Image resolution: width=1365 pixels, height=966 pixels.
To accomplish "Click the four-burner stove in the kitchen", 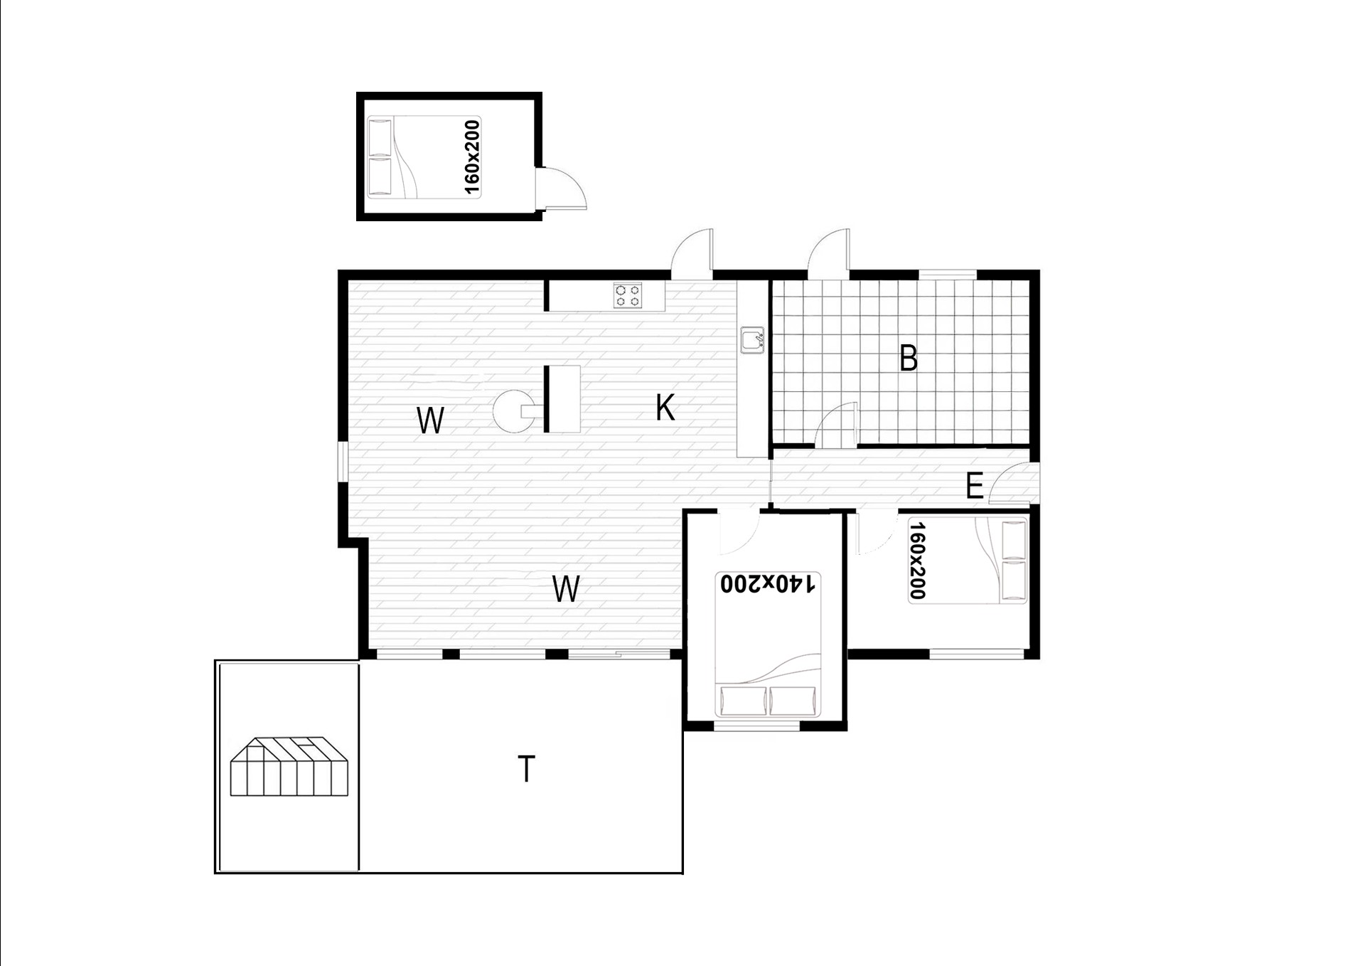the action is coord(628,295).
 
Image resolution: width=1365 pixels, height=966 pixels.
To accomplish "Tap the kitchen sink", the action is coord(752,340).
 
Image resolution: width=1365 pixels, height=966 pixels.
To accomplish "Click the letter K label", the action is coord(665,408).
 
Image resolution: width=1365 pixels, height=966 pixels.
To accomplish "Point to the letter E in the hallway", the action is coord(974,487).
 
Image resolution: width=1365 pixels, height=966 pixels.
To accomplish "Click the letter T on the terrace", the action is coord(526,769).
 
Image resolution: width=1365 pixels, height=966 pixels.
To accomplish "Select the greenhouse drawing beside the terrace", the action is coord(289,766).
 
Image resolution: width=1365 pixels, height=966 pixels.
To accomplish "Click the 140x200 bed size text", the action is coord(768,583).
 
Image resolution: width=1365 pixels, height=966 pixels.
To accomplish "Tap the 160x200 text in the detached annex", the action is coord(471,157).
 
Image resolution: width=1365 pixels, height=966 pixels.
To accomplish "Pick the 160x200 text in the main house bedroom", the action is coord(918,561).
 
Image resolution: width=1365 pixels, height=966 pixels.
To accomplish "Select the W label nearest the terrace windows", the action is coord(566,589).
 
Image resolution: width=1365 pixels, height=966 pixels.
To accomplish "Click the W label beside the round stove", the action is coord(430,420).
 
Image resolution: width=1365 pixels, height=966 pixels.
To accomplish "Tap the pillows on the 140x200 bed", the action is coord(768,701).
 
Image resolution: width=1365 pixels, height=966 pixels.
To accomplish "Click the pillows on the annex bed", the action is coord(380,157).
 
